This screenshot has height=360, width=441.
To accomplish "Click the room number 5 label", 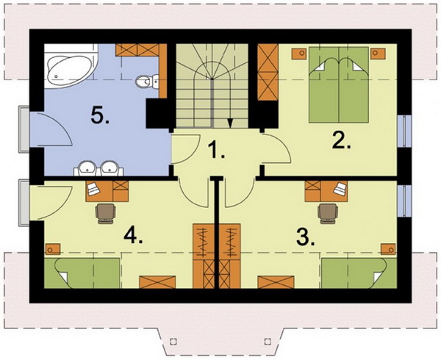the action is [x=100, y=115].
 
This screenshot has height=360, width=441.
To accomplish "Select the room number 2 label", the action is [x=342, y=140].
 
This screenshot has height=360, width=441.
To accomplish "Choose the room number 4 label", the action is [x=133, y=236].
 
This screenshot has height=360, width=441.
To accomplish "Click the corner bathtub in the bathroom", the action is [x=71, y=67].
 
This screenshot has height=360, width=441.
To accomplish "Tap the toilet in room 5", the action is [x=147, y=81].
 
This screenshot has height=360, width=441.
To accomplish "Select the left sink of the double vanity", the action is [x=87, y=168].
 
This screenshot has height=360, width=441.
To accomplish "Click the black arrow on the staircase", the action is [x=230, y=123].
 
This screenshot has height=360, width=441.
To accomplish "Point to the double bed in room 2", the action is [x=339, y=85].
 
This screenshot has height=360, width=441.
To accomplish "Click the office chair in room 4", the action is [x=105, y=214].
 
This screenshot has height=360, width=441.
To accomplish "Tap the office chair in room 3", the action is [x=328, y=214].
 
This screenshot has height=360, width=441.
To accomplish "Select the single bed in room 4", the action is [x=82, y=273].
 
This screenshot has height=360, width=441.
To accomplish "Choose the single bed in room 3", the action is [x=359, y=273].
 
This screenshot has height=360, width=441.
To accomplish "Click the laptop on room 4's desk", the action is [x=93, y=188].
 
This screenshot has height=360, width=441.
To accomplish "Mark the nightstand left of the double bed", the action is [x=298, y=54].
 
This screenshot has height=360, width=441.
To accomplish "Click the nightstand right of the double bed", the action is [x=378, y=54].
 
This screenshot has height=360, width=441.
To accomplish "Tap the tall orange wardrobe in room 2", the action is [x=268, y=73].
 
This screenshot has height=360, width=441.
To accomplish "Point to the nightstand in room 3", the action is [x=388, y=249].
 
